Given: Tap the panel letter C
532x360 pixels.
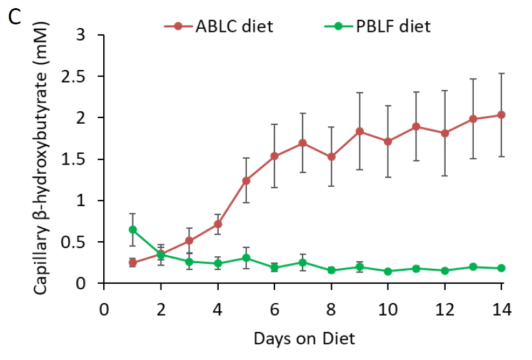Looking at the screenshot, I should tap(14, 18).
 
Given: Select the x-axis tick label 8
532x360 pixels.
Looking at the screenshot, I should tap(331, 310).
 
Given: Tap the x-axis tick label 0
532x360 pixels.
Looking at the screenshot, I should tap(104, 310).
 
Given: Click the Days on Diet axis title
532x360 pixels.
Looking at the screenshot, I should tap(304, 339).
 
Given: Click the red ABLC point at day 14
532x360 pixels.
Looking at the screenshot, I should tap(501, 115).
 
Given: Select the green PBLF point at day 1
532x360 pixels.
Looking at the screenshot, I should tap(133, 229).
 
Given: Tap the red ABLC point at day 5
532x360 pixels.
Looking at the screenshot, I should tap(246, 181).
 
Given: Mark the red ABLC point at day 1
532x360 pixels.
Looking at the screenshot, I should tap(133, 262).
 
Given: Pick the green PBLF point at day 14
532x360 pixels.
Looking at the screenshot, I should tap(501, 268).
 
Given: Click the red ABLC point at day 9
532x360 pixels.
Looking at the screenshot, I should tap(359, 131).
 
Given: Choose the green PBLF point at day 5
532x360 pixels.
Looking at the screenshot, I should tap(246, 257).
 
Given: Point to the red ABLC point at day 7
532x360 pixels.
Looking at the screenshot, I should tap(303, 142).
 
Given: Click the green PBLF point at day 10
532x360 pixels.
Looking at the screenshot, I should tap(388, 271).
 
